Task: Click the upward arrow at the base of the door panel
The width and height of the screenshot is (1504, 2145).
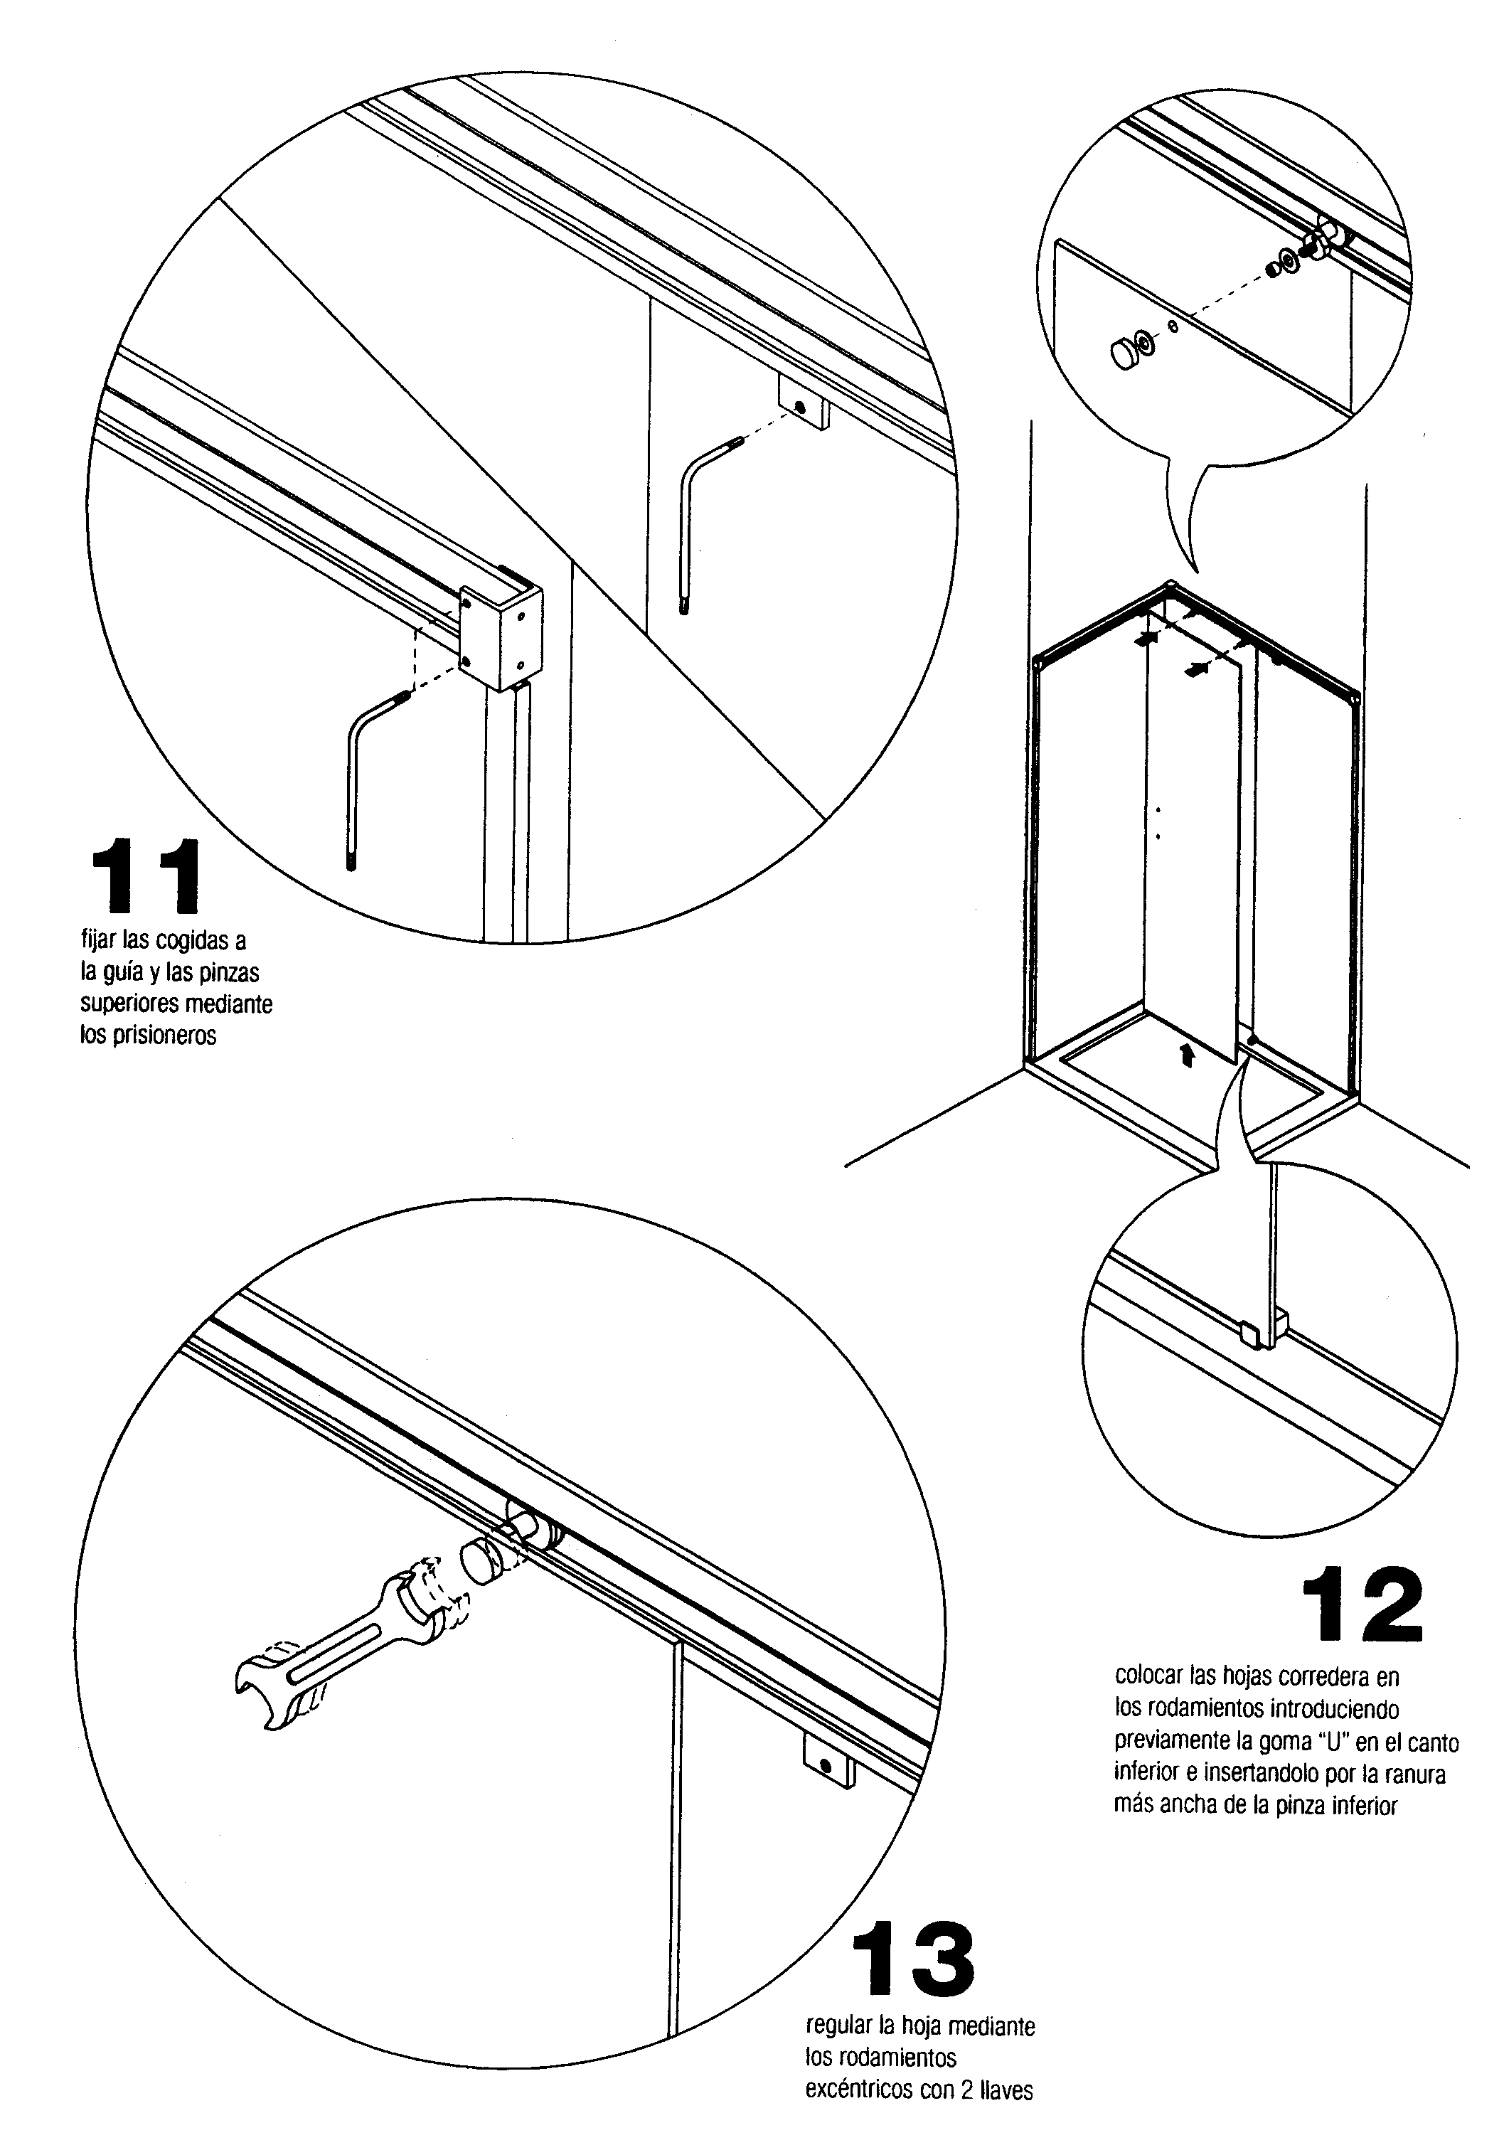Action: [x=1186, y=1055]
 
